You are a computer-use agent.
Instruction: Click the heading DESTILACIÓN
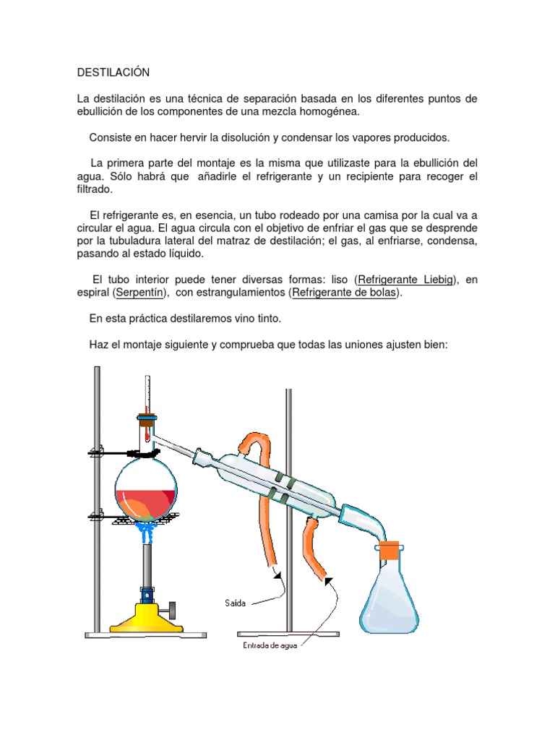(113, 72)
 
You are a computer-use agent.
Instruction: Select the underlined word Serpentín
(139, 293)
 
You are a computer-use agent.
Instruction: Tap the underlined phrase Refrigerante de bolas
(344, 293)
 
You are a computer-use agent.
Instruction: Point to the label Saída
(235, 603)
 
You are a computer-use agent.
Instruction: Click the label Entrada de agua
(270, 645)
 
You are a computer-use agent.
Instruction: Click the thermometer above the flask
(147, 407)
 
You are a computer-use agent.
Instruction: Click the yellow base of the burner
(146, 618)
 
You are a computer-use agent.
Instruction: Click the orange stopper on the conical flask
(390, 550)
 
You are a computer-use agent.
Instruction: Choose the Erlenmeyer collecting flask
(390, 595)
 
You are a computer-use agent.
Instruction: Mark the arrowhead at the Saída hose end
(277, 575)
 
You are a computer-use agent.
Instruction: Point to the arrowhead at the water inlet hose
(329, 581)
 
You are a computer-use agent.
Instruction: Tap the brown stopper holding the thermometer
(147, 420)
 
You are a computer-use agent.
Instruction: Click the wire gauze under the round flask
(146, 517)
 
